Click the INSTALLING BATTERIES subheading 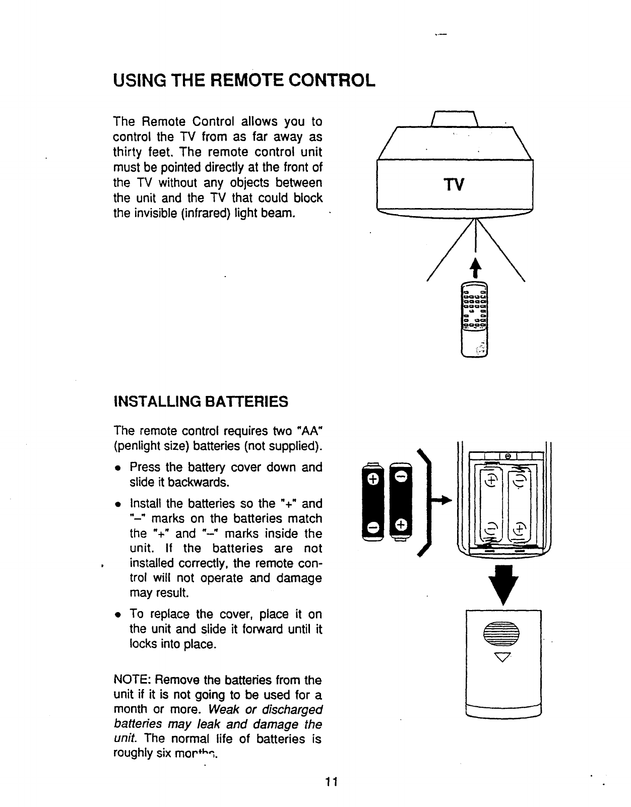[202, 401]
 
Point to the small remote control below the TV [475, 318]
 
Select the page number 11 [331, 782]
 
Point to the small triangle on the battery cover [504, 656]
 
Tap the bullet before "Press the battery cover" [117, 468]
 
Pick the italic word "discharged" [291, 710]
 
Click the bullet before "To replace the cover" [117, 615]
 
